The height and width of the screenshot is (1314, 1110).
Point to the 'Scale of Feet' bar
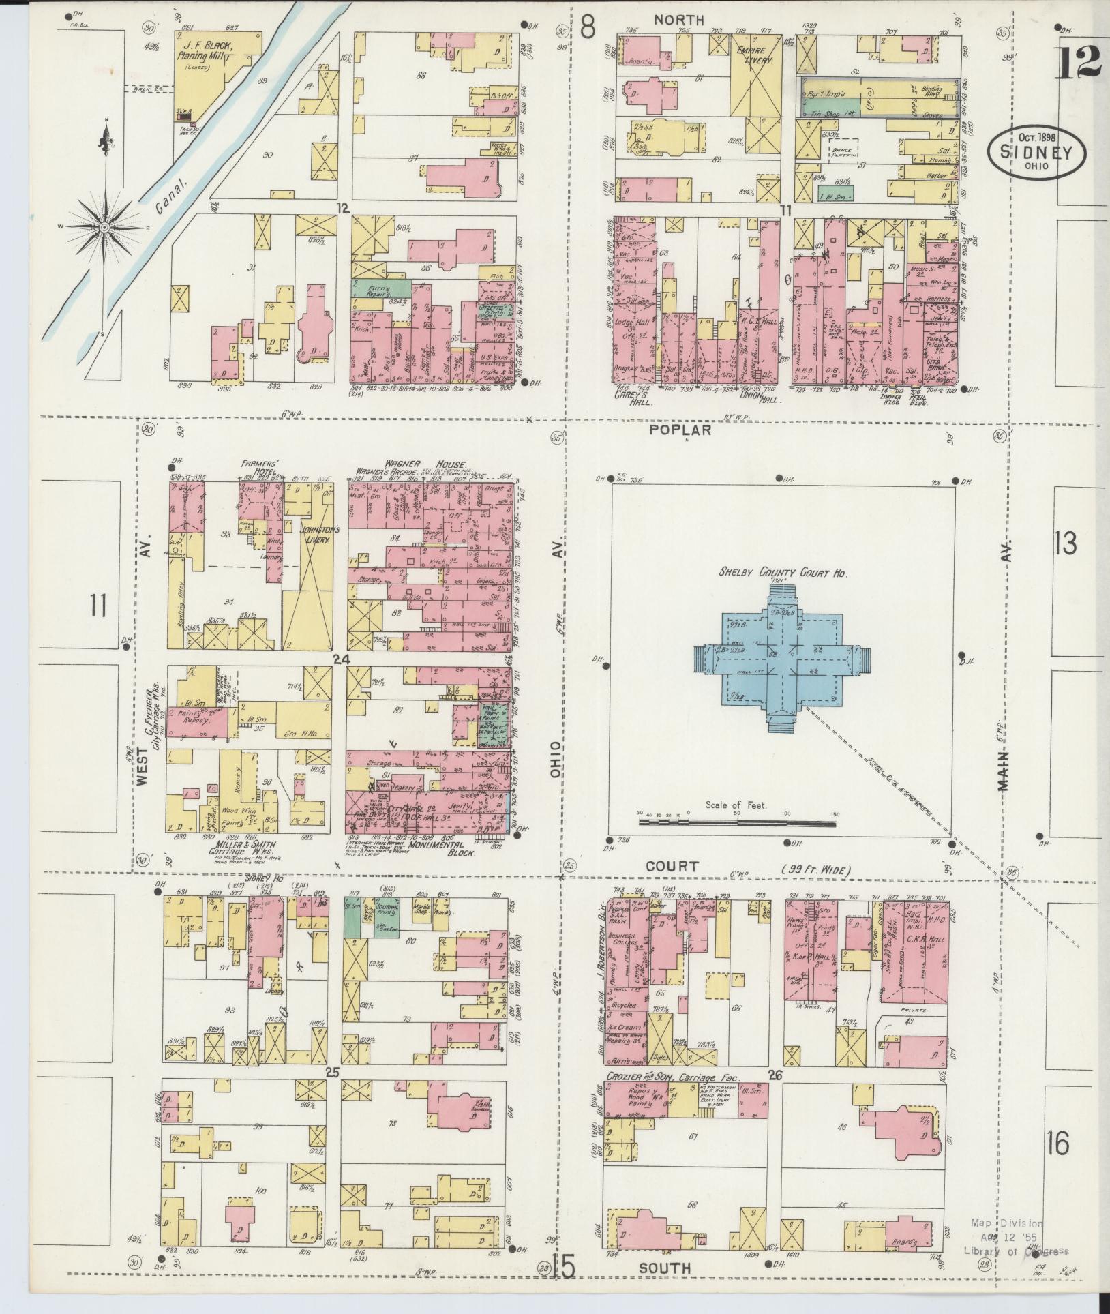coord(736,822)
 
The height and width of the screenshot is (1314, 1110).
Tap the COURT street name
coord(674,866)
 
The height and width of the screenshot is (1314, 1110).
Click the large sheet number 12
coord(1080,63)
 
